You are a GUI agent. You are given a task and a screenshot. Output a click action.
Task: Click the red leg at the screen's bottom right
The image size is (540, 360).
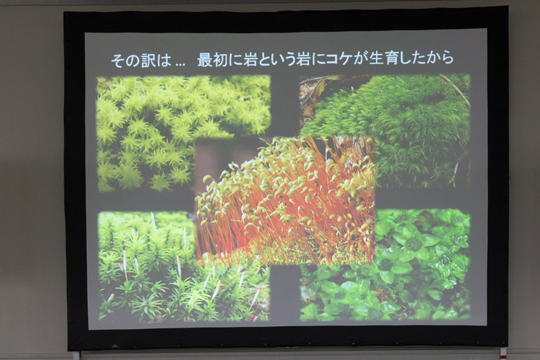click(502, 352)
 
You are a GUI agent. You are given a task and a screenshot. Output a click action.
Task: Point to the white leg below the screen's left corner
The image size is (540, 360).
click(76, 355)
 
